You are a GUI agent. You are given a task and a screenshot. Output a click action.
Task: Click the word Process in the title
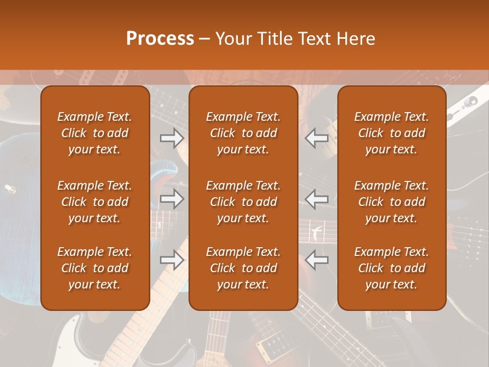click(x=160, y=39)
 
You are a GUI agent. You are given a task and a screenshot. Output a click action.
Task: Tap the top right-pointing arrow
click(x=172, y=138)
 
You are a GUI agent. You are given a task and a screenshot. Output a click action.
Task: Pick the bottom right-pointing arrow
click(x=172, y=260)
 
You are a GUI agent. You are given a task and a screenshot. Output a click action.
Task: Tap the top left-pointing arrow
click(x=317, y=138)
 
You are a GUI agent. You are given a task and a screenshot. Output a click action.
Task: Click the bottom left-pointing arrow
click(x=317, y=260)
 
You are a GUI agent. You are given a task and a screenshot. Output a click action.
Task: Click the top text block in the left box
click(x=95, y=133)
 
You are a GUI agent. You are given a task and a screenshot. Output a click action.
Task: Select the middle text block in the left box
click(x=95, y=202)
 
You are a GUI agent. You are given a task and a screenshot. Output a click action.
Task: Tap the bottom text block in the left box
click(x=95, y=268)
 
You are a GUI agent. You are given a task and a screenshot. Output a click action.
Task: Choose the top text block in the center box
click(x=243, y=133)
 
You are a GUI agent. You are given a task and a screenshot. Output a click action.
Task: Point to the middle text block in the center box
click(x=243, y=202)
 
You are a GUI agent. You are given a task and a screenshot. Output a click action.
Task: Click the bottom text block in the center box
click(x=243, y=268)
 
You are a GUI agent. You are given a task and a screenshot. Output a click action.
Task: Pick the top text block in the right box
click(x=391, y=133)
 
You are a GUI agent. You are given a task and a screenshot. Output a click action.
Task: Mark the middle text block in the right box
click(x=391, y=202)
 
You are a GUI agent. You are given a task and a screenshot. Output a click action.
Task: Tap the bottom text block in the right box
click(x=391, y=268)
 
